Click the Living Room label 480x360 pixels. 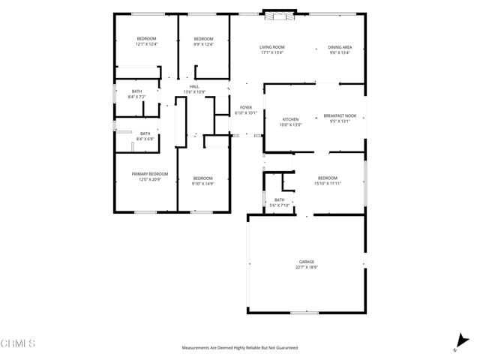coord(272,47)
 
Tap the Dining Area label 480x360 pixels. coord(339,47)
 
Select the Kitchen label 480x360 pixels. coord(290,118)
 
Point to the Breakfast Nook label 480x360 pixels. coord(340,115)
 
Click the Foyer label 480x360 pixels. coord(245,108)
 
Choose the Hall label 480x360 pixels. coord(194,87)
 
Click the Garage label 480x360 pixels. coord(306,262)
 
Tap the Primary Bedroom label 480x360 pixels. coord(150,174)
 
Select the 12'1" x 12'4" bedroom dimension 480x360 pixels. coord(146,44)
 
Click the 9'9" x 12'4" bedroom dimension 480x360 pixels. coord(204,44)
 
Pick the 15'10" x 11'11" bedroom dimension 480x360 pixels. coord(328,182)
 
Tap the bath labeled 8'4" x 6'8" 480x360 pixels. coord(145,139)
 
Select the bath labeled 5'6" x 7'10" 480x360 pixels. coord(279,205)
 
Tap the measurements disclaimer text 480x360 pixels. coord(240,348)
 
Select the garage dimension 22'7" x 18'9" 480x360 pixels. coord(306,267)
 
